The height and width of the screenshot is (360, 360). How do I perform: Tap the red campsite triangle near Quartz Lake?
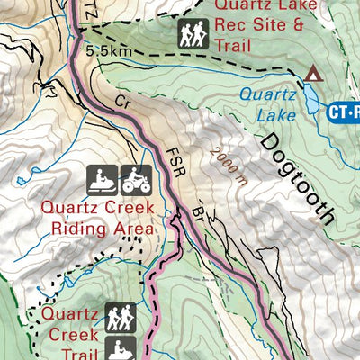coord(312,74)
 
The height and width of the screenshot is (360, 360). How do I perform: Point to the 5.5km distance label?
coord(109,50)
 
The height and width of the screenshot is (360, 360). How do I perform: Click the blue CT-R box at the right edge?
coord(341,112)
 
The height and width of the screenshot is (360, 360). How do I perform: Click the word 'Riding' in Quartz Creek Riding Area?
coord(74,229)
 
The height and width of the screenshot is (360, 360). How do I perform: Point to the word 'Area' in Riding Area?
coord(128,229)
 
